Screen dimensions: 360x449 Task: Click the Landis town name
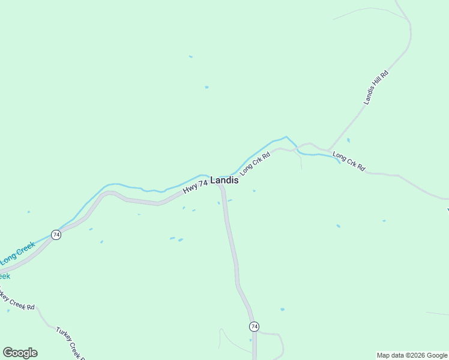(224, 180)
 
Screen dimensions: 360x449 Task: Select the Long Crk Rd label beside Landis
(256, 163)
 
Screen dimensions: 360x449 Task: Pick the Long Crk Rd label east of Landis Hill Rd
(349, 161)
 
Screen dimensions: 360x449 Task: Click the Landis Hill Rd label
(376, 88)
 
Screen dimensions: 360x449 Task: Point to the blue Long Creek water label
(17, 254)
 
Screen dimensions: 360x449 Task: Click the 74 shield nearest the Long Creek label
(56, 235)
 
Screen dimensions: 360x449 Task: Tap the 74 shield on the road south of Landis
(255, 326)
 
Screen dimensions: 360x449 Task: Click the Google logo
(20, 353)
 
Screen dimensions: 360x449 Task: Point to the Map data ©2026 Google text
(412, 355)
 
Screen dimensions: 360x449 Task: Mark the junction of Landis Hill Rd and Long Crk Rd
(328, 149)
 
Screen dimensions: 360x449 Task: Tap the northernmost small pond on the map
(191, 57)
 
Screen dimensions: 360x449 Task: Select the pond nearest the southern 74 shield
(282, 310)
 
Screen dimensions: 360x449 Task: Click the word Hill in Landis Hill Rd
(376, 88)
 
